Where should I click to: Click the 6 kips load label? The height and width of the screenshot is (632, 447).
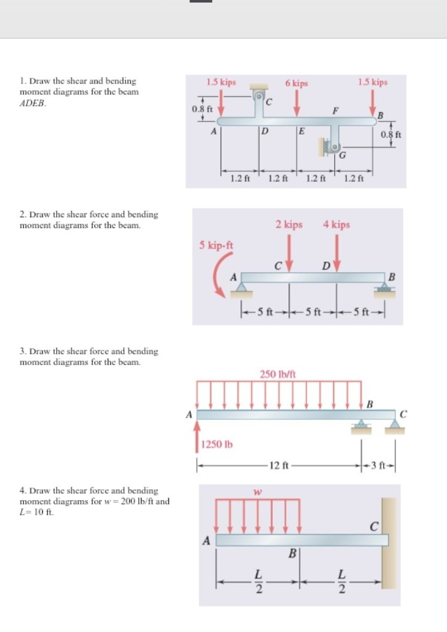point(297,83)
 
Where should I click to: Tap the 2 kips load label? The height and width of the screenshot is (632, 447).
point(289,225)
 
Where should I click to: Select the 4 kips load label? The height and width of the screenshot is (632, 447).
point(336,225)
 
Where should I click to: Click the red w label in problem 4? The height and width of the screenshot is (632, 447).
point(258,492)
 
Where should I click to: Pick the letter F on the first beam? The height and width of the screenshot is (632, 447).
point(335,110)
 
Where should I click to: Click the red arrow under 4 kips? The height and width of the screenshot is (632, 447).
point(337,251)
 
